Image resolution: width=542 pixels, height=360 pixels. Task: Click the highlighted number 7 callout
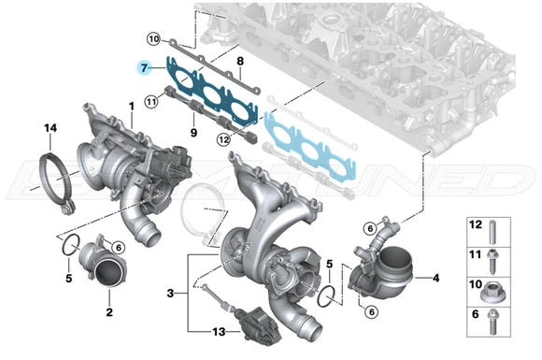(x=143, y=69)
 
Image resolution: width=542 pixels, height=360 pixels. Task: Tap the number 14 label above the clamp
(x=50, y=126)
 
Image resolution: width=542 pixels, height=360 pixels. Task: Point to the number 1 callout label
(x=132, y=106)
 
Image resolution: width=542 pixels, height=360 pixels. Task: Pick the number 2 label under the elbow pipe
(x=108, y=310)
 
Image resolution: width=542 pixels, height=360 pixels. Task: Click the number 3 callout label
(x=169, y=294)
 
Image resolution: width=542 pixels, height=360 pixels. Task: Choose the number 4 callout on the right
(x=434, y=277)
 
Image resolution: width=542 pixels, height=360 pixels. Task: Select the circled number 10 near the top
(x=154, y=38)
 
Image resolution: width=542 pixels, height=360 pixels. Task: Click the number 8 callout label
(x=239, y=62)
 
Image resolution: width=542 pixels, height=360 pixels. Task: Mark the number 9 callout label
(x=194, y=134)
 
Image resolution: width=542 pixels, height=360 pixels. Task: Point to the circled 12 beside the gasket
(x=223, y=140)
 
